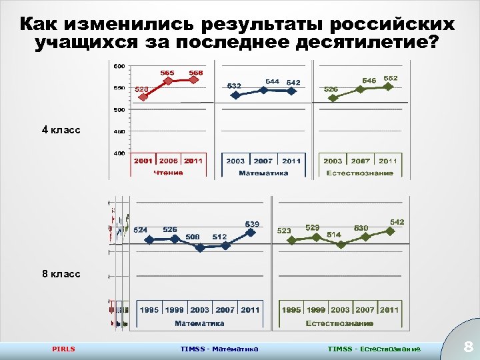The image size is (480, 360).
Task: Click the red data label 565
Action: (168, 73)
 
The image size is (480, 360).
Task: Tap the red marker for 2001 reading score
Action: (143, 97)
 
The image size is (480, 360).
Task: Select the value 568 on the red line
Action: (195, 73)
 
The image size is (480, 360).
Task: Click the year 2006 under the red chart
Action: (168, 161)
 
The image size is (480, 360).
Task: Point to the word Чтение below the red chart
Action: (168, 173)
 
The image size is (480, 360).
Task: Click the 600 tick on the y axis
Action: (119, 66)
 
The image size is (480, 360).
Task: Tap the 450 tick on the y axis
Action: (119, 132)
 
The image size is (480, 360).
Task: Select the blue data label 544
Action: (273, 81)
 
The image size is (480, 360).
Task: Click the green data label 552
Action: (391, 78)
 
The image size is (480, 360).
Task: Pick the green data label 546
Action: (369, 81)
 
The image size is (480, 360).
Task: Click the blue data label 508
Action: (193, 237)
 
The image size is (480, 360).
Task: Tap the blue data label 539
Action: (252, 224)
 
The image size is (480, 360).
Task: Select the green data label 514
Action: (334, 235)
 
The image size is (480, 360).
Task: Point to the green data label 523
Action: (284, 231)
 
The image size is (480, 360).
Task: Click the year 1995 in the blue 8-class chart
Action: (149, 310)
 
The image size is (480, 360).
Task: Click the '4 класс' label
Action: (61, 130)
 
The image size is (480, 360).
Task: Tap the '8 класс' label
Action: (61, 274)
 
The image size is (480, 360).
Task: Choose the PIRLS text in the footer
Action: (64, 349)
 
